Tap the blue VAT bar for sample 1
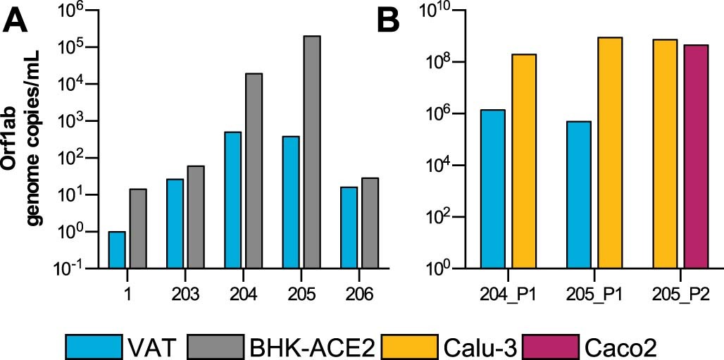point(117,250)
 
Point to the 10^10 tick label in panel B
point(437,11)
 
